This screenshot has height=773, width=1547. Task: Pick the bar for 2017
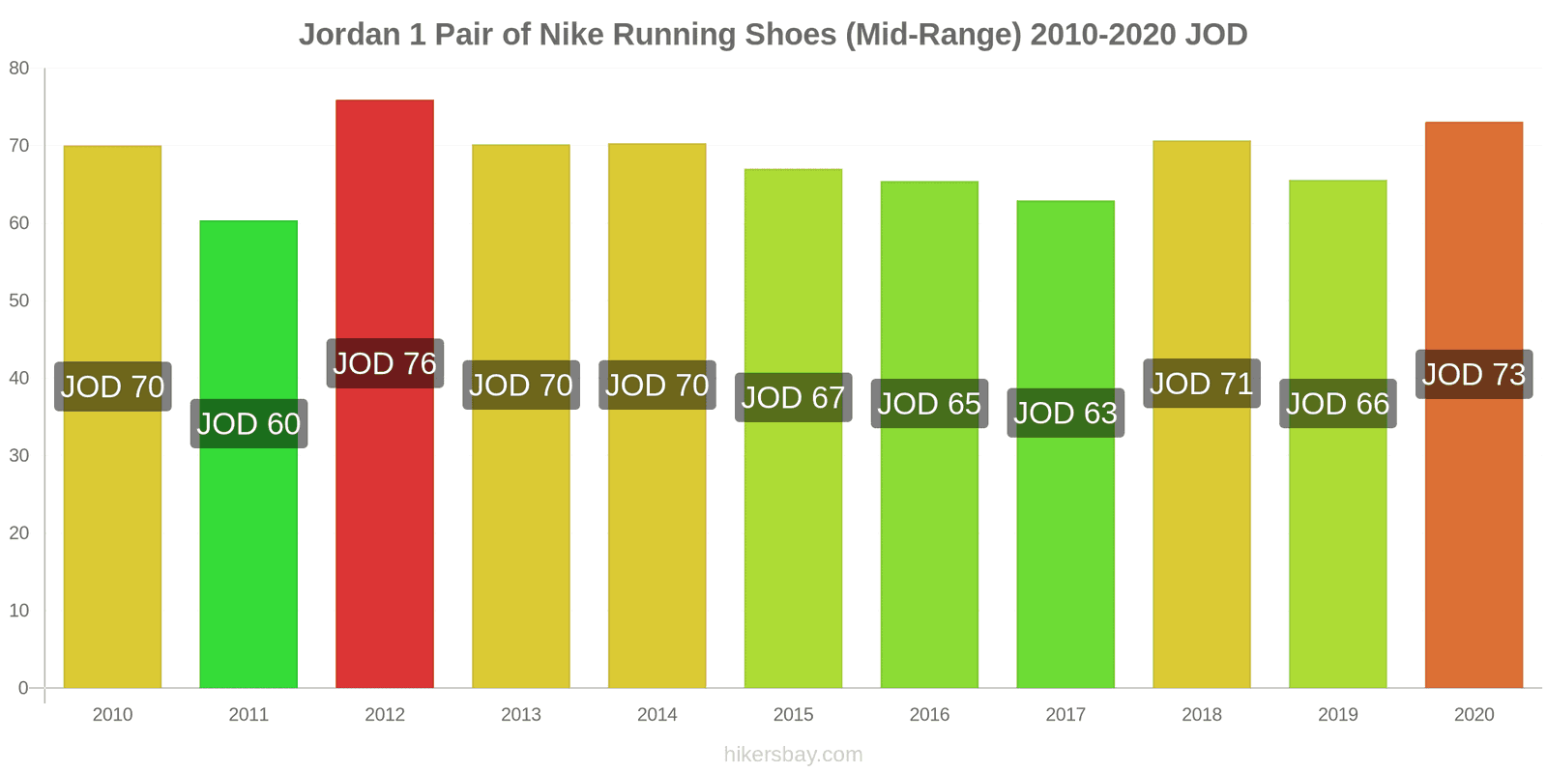coord(1065,541)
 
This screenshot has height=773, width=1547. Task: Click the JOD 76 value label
coord(385,363)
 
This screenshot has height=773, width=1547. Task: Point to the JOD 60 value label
coord(248,423)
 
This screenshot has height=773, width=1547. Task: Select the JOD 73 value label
coord(1474,374)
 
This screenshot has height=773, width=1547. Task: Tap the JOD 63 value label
coord(1065,413)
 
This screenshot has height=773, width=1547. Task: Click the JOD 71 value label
coord(1202,384)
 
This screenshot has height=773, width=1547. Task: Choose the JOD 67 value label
coord(793,397)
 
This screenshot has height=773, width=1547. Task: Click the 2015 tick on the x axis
coord(793,715)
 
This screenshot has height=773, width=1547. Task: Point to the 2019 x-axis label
coord(1338,715)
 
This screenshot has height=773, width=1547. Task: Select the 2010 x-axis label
coord(112,715)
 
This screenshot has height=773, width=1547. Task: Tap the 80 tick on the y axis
coord(19,69)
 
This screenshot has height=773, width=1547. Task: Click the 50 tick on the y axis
coord(19,301)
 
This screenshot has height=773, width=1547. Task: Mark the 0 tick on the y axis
coord(24,688)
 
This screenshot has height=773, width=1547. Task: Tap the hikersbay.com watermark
coord(793,755)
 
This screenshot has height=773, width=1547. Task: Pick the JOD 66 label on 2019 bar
coord(1338,403)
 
